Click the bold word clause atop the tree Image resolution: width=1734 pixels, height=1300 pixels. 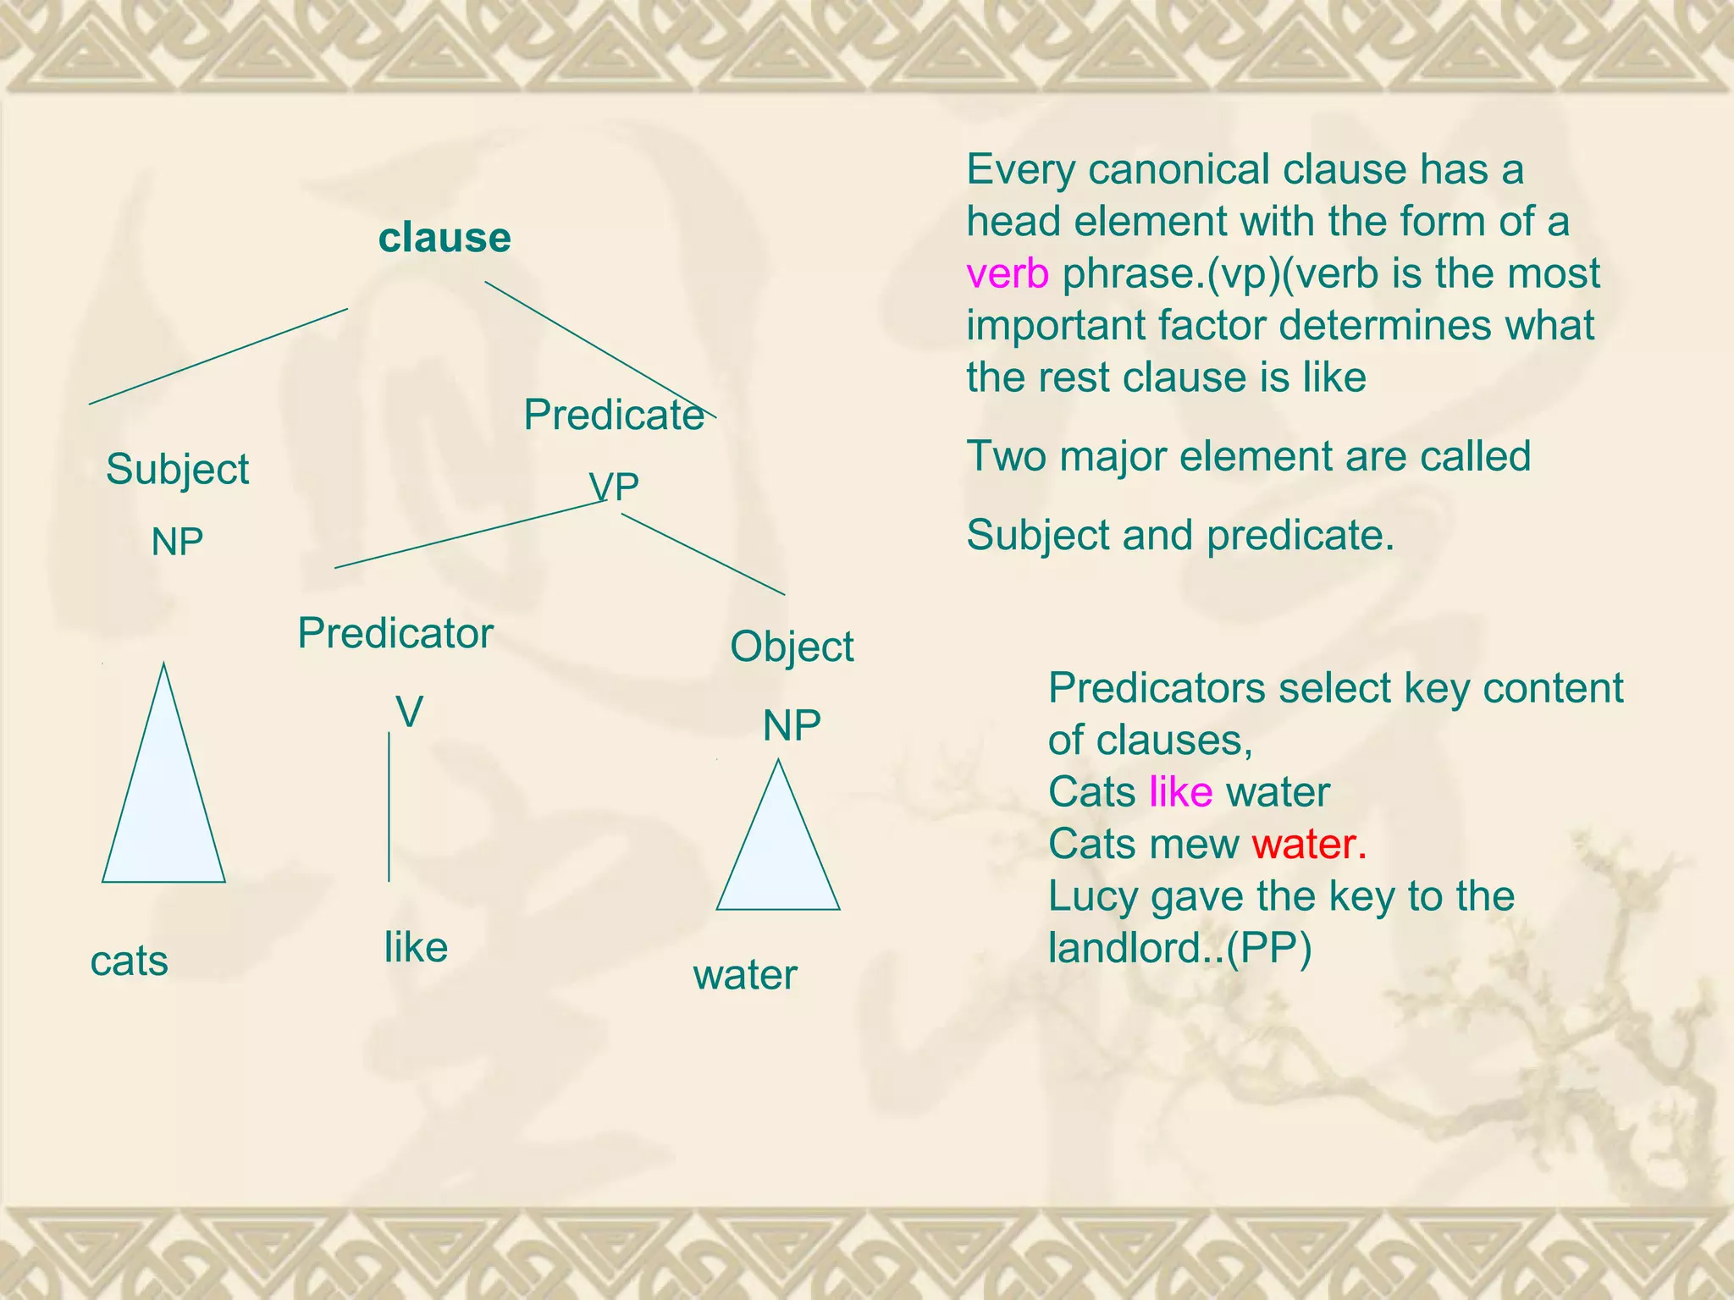coord(445,238)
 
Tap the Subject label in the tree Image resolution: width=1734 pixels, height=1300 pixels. coord(177,469)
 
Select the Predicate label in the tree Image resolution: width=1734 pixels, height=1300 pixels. coord(614,415)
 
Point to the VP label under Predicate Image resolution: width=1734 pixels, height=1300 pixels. coord(614,487)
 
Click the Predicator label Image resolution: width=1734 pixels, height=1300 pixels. coord(395,633)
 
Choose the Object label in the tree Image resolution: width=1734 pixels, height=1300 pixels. coord(792,647)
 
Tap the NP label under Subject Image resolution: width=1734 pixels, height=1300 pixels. coord(177,542)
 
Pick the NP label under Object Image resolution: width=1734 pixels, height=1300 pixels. coord(792,725)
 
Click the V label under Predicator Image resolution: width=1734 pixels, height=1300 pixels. coord(410,712)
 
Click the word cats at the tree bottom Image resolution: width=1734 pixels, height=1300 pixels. coord(130,961)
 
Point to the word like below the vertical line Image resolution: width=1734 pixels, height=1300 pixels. coord(416,947)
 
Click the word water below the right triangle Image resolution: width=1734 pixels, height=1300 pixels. coord(745,975)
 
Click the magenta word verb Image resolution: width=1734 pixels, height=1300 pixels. coord(1008,273)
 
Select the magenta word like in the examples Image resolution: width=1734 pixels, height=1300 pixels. coord(1180,792)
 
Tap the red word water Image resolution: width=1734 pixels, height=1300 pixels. coord(1309,844)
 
